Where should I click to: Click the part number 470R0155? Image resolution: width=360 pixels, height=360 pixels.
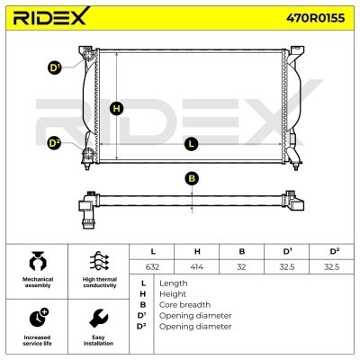click(x=315, y=18)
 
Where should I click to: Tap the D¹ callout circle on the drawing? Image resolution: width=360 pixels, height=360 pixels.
click(x=55, y=67)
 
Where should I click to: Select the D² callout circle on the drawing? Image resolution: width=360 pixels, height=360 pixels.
click(x=55, y=143)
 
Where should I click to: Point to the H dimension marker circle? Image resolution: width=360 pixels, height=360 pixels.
click(x=117, y=108)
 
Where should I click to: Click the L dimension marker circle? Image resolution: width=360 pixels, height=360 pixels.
click(x=192, y=143)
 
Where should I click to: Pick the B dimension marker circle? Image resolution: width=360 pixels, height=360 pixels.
click(x=192, y=178)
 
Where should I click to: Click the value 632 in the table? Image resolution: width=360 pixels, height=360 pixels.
click(x=152, y=266)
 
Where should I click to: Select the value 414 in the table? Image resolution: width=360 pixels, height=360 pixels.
click(x=197, y=266)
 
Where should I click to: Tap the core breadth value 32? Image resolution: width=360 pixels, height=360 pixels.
click(x=241, y=266)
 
